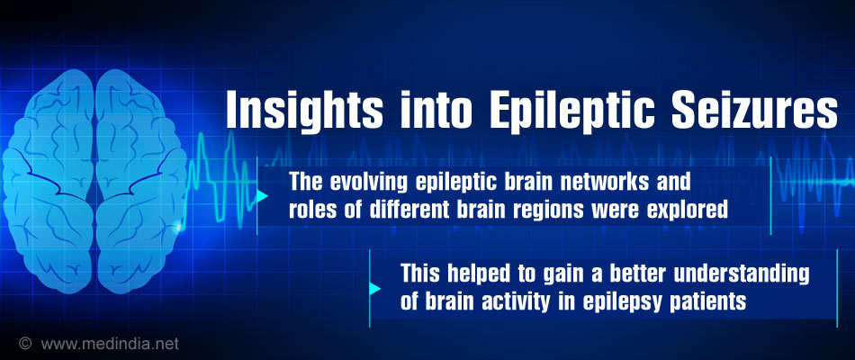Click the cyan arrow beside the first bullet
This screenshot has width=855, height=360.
coord(262,196)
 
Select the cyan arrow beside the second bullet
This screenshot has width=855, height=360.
coord(374,289)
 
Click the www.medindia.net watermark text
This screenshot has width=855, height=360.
coord(110,344)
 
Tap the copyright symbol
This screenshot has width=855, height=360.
coord(24,344)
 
